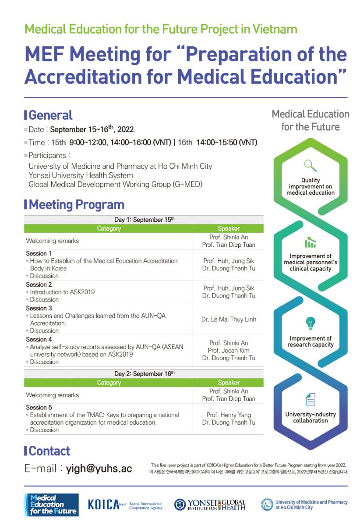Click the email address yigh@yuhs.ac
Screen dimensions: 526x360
[99, 469]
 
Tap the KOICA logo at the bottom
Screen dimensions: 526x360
[125, 505]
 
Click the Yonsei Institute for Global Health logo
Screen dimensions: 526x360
[210, 505]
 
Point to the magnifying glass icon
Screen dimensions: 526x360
[311, 166]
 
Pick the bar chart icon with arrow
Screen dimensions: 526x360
[311, 242]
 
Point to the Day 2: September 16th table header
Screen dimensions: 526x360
[144, 374]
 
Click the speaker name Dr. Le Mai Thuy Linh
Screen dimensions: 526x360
[229, 320]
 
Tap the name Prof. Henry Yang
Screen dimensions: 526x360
[229, 415]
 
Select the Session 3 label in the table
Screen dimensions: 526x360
[39, 308]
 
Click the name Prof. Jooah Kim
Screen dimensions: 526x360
[229, 351]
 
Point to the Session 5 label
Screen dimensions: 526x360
[39, 407]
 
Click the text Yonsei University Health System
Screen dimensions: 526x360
[81, 175]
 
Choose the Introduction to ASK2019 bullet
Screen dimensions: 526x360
[63, 292]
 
